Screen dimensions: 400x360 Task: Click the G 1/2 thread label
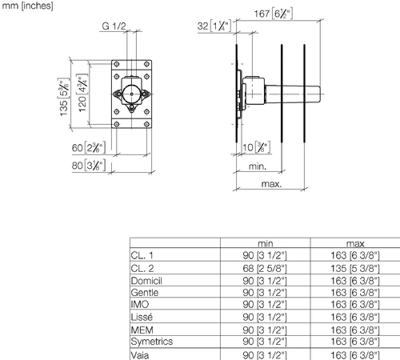114,26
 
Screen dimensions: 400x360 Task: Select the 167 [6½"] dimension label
274,14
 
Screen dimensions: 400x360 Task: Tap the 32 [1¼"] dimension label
214,26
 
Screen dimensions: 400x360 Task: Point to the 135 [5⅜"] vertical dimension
64,97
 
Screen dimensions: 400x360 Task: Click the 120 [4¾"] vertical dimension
82,93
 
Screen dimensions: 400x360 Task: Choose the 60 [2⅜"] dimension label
89,148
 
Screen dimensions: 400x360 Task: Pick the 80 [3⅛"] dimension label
89,166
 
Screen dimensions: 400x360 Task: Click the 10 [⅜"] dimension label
256,147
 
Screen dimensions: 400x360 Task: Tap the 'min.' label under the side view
258,166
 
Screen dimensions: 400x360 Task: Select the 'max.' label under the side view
272,184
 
